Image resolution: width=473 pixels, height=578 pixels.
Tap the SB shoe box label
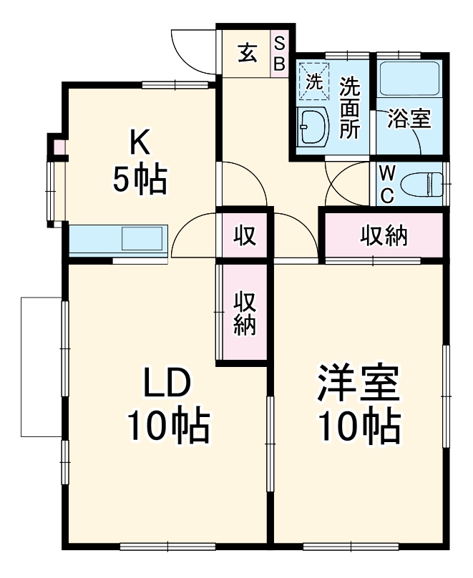[280, 54]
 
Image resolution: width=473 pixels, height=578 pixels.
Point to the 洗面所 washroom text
[350, 107]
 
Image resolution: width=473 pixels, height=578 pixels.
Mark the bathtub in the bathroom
[409, 79]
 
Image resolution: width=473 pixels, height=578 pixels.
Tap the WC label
[386, 185]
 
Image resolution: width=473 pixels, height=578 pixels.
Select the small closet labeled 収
[244, 235]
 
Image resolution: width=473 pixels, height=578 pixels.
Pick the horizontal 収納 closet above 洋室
[383, 235]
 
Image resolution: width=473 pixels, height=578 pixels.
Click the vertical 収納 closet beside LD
[244, 313]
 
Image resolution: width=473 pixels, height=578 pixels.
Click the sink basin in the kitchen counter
[144, 238]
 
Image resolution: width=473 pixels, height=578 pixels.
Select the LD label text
[167, 386]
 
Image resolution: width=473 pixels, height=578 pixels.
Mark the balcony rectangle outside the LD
[42, 366]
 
